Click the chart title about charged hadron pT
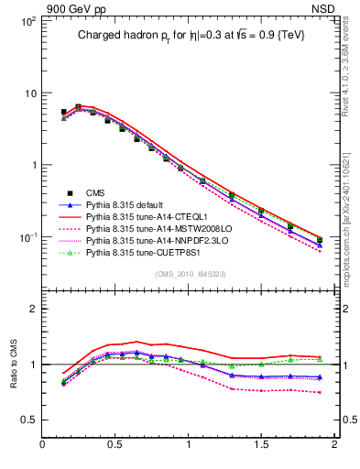(190, 35)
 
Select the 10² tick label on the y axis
(28, 21)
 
